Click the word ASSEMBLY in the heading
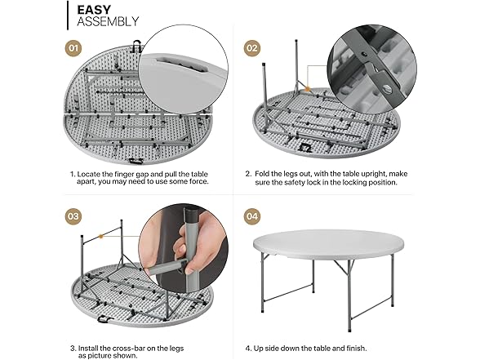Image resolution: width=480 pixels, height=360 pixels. (x=108, y=22)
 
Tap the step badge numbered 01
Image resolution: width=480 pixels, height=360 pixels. (x=74, y=47)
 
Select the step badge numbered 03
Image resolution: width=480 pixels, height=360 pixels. (x=74, y=218)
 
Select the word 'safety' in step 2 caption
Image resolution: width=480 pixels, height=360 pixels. (x=291, y=183)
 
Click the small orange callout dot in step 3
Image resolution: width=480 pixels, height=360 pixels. (x=100, y=236)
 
